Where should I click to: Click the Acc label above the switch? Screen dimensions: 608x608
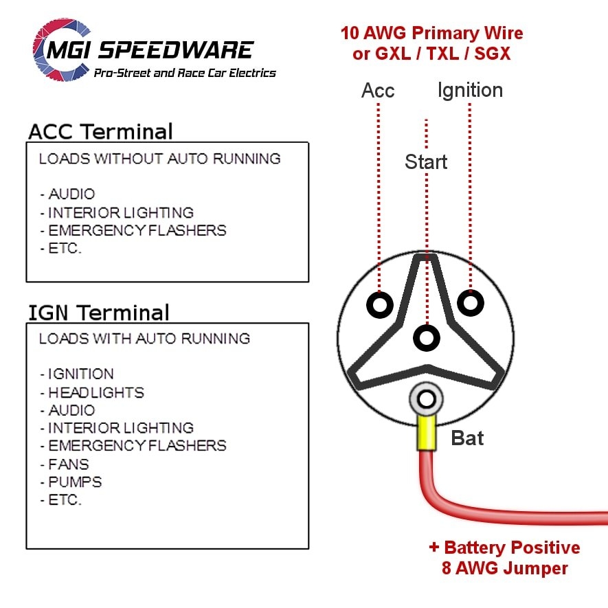(x=378, y=91)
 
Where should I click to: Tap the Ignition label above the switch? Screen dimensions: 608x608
(x=470, y=90)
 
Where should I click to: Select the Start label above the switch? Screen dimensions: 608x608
(x=426, y=162)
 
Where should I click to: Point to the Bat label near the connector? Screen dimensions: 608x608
(x=467, y=438)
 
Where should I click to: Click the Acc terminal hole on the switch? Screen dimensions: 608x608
(x=379, y=304)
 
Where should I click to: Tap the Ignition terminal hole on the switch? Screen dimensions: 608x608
(x=470, y=302)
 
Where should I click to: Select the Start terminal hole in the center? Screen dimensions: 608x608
(x=427, y=337)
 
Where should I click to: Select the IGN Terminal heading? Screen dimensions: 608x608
(x=98, y=313)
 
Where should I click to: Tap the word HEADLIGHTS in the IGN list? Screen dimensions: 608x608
(x=96, y=392)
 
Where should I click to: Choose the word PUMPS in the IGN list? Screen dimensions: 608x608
(x=75, y=482)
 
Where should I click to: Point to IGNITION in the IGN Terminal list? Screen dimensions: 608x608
(x=81, y=374)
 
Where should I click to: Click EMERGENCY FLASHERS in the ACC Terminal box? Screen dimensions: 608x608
(x=137, y=230)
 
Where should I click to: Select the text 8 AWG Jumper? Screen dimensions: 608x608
(x=505, y=569)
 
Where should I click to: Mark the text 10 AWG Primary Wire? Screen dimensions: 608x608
(x=431, y=33)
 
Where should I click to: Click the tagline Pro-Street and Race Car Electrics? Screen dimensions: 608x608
(x=184, y=73)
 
